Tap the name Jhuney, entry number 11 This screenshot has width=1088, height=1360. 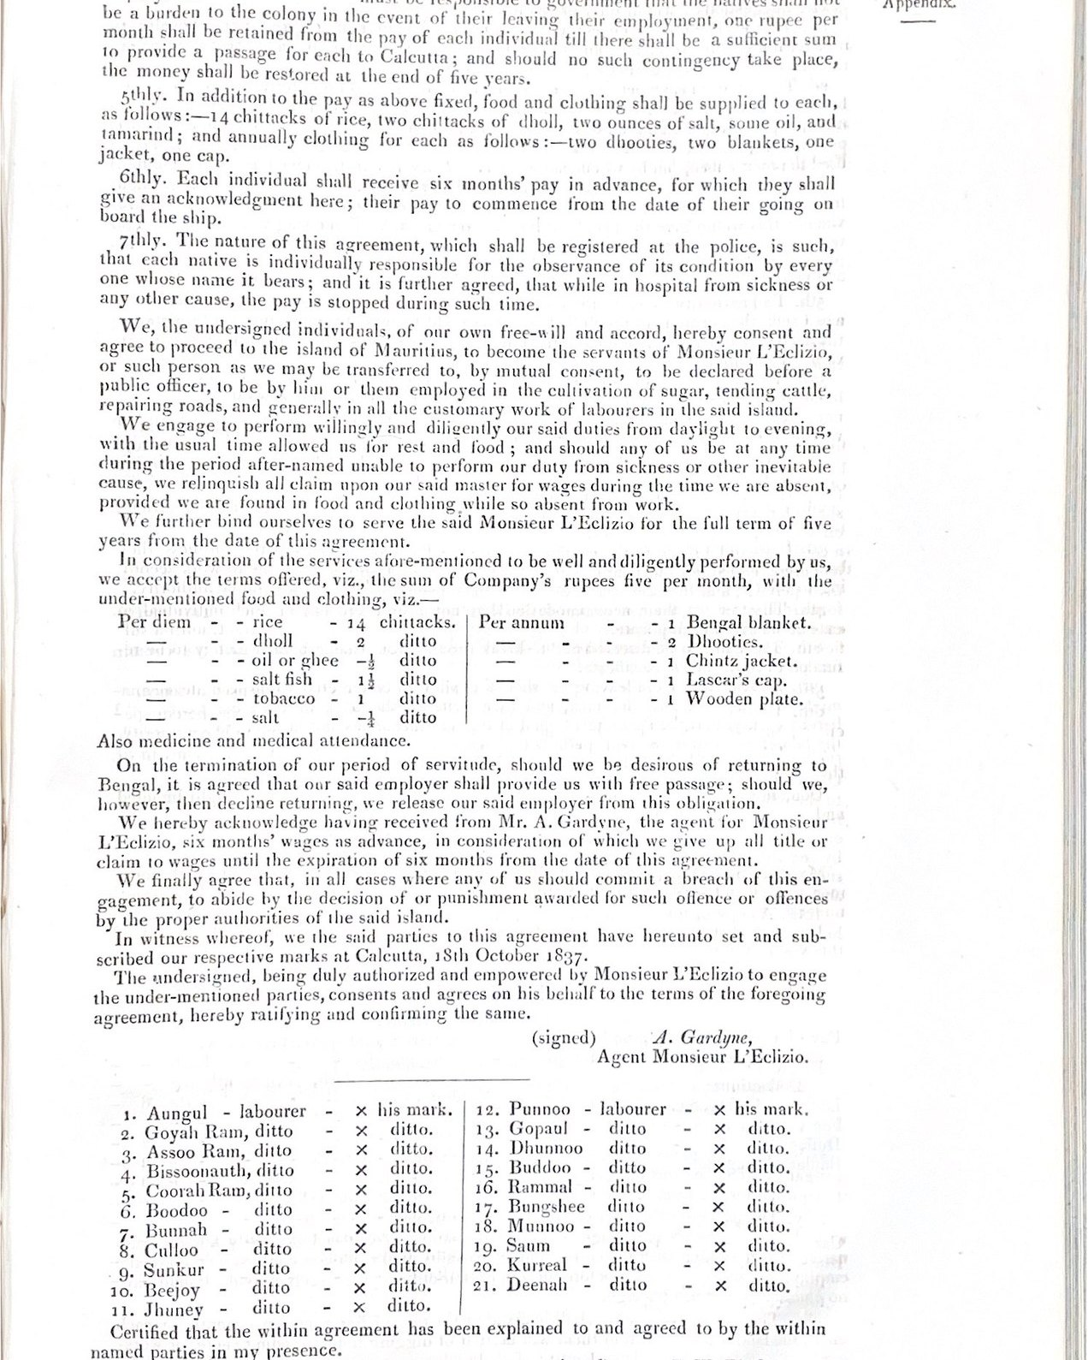pyautogui.click(x=175, y=1310)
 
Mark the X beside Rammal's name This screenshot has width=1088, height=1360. pyautogui.click(x=719, y=1187)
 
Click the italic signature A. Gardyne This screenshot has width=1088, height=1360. pyautogui.click(x=702, y=1037)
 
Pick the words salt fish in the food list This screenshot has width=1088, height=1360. pyautogui.click(x=281, y=680)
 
